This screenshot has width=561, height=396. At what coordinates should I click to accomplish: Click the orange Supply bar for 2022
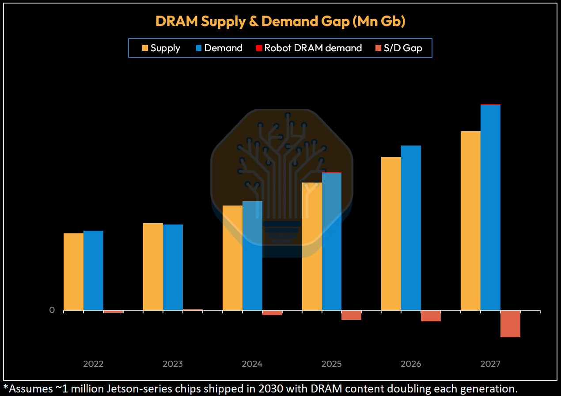(73, 272)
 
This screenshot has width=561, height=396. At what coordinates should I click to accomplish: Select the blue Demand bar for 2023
(173, 267)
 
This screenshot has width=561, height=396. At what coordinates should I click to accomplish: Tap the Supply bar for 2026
(391, 234)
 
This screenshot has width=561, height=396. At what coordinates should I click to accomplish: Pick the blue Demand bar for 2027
(490, 208)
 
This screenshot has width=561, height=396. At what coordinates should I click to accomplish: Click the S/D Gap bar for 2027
(510, 324)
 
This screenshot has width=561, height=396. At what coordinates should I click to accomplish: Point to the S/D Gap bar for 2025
(351, 315)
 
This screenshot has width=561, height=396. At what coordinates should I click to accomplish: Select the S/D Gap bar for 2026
(431, 316)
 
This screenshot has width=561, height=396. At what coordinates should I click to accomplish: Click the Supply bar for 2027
(470, 221)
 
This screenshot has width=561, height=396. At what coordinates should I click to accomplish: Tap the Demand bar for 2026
(411, 228)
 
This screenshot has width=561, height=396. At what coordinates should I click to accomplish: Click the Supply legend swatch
(145, 48)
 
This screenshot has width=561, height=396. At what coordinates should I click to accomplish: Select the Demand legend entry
(219, 48)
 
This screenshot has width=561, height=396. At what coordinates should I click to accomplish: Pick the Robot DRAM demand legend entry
(309, 48)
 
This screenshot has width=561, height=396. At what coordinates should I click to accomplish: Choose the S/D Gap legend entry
(399, 48)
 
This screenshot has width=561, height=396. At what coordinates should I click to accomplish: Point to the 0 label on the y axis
(52, 310)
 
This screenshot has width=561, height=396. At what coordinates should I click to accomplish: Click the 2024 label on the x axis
(252, 364)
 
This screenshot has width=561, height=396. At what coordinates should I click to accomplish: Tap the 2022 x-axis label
(93, 364)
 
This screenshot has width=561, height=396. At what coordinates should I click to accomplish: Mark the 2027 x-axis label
(490, 364)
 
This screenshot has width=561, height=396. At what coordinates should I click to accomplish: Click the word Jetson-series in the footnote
(139, 389)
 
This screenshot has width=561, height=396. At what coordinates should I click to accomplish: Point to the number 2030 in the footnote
(271, 389)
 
